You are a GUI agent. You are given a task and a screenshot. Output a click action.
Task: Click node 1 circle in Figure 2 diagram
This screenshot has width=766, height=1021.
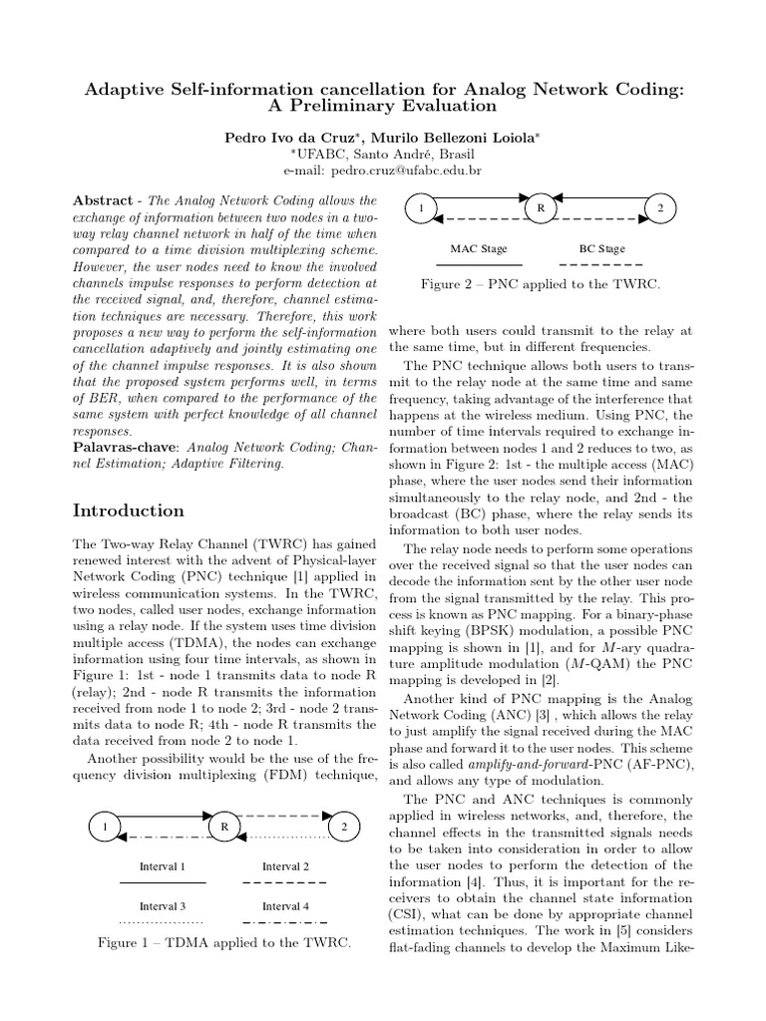[422, 208]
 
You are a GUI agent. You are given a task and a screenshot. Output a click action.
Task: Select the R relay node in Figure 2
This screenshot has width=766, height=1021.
[540, 208]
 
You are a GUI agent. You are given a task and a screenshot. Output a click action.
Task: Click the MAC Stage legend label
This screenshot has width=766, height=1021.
[479, 248]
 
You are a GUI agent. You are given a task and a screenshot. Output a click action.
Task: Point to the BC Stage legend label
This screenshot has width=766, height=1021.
[601, 248]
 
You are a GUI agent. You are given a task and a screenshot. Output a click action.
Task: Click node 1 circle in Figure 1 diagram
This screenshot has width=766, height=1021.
[104, 828]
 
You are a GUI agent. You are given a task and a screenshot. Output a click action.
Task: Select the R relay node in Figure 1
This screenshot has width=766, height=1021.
[224, 828]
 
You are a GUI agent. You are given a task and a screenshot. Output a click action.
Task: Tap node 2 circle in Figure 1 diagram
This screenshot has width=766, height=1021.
[344, 828]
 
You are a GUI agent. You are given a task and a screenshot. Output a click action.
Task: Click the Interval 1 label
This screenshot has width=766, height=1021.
[162, 866]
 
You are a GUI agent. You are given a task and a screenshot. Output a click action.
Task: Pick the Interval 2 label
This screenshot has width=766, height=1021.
[284, 866]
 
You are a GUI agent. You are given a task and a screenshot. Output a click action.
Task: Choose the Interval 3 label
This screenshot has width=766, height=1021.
[162, 906]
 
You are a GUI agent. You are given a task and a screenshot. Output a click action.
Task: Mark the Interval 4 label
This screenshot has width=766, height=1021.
[284, 906]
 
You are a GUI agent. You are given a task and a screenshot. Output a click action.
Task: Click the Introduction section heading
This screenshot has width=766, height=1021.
[129, 510]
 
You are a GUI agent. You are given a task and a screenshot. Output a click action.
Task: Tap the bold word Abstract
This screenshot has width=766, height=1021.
[107, 200]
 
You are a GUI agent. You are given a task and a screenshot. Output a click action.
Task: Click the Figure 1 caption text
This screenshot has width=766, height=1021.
[223, 942]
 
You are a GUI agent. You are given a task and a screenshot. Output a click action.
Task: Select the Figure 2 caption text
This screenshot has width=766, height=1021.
[541, 285]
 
